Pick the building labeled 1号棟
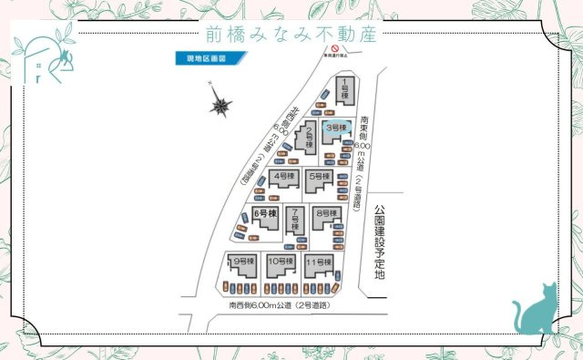click(x=345, y=90)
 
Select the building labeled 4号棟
click(x=283, y=178)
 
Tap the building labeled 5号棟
click(x=319, y=178)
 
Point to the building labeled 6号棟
click(x=263, y=218)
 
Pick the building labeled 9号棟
click(x=242, y=265)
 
